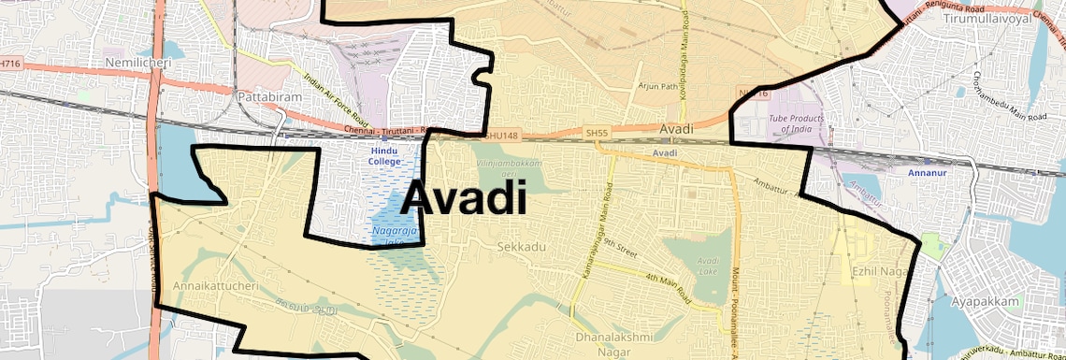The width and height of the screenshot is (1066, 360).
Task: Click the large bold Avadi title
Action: click(x=465, y=198)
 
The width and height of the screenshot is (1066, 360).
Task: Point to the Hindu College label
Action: click(x=384, y=155)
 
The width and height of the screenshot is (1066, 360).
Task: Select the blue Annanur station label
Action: click(x=928, y=172)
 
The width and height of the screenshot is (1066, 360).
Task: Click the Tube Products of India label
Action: click(x=796, y=124)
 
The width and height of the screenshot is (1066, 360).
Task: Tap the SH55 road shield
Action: click(x=596, y=134)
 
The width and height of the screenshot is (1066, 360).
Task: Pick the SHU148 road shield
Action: click(x=498, y=136)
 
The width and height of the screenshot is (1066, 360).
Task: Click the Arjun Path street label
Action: click(x=656, y=86)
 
